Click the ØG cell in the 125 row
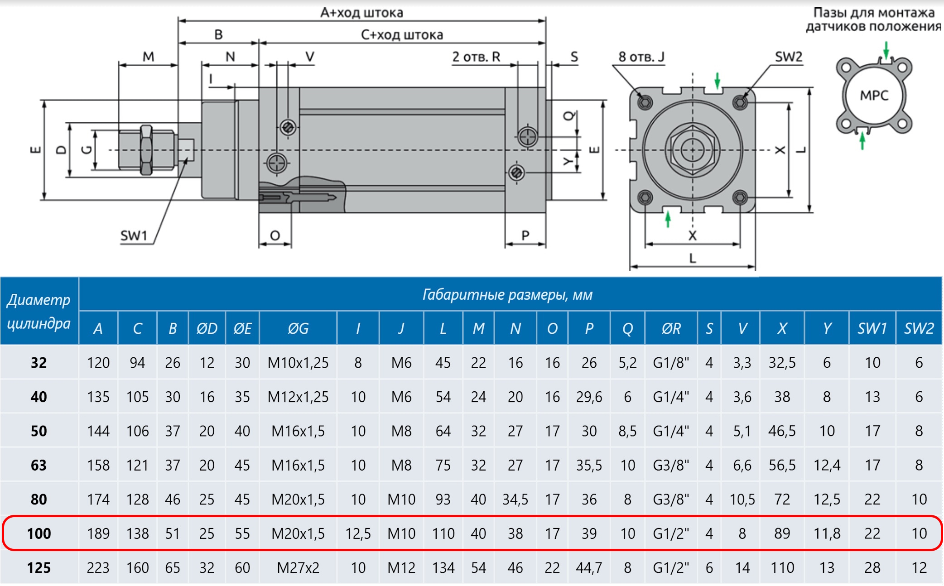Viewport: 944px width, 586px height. (x=298, y=567)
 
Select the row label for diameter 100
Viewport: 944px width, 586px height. (x=39, y=533)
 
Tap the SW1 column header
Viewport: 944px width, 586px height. (x=872, y=328)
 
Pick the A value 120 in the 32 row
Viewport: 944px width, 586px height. (x=98, y=363)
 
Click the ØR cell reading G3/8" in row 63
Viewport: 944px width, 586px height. (x=671, y=465)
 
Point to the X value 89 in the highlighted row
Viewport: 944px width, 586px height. (x=782, y=533)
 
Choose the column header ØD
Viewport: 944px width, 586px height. (x=207, y=328)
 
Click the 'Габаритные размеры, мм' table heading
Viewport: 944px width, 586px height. (x=507, y=295)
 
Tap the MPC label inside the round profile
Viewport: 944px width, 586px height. (x=874, y=96)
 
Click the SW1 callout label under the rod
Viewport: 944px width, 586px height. (x=134, y=236)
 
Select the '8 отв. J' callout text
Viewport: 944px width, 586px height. (x=641, y=57)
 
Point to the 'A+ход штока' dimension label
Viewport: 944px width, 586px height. (x=361, y=13)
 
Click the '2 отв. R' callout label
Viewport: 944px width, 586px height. (x=476, y=57)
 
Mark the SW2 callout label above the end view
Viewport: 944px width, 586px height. (x=789, y=57)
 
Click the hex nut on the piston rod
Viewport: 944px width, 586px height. (x=146, y=150)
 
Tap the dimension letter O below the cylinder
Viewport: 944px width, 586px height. (x=275, y=236)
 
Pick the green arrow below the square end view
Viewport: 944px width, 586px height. (x=668, y=220)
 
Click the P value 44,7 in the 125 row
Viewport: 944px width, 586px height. (x=589, y=567)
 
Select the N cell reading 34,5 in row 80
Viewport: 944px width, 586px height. (x=515, y=499)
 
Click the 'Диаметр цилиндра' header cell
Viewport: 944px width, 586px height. (x=39, y=312)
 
